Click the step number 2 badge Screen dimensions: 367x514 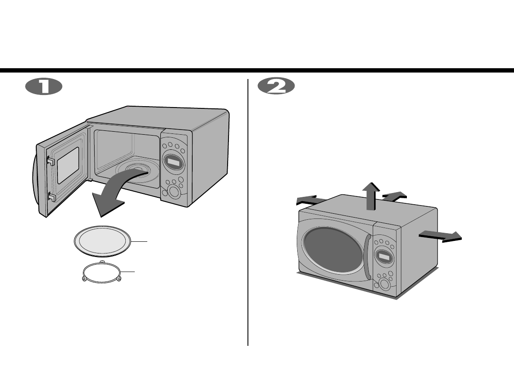point(276,86)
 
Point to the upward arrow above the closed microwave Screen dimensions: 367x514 point(371,195)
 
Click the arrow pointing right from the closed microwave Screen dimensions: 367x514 point(441,236)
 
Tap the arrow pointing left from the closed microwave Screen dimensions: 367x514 point(312,200)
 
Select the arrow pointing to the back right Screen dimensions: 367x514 point(394,196)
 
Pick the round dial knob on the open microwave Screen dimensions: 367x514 point(174,193)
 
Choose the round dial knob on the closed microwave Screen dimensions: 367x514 point(383,285)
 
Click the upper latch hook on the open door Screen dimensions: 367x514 point(50,161)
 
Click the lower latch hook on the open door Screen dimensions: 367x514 point(51,198)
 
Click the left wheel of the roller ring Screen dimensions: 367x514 point(84,279)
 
